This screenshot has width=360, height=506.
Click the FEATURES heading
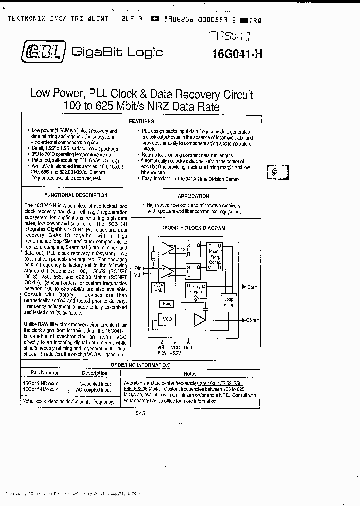[141, 121]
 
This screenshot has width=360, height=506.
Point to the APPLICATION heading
[193, 196]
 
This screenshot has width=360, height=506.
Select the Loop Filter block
[229, 302]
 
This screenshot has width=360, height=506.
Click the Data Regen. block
[196, 290]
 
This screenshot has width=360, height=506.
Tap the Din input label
[138, 268]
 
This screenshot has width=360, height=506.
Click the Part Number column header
[44, 373]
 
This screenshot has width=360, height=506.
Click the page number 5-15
[141, 413]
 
